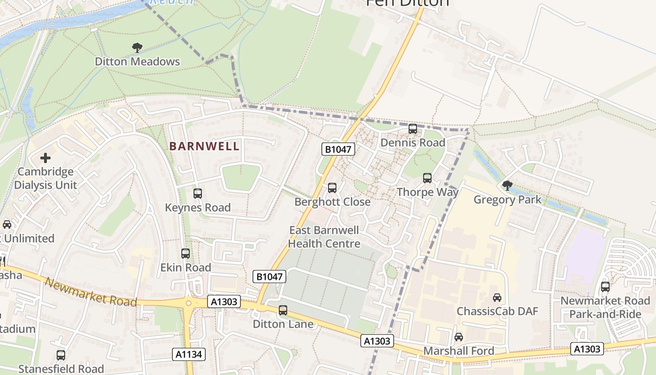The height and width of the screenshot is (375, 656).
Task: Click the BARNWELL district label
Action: point(204,146)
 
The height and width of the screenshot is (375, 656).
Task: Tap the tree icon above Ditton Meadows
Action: point(137,47)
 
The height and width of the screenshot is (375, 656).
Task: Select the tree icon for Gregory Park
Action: point(507,186)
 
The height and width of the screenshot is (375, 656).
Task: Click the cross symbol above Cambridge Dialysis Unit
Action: point(45,158)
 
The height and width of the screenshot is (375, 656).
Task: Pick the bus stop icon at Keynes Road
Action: point(198,194)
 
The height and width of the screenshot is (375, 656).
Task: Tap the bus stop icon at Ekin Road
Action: point(186,254)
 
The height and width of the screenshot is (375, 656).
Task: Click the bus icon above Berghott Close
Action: point(332,188)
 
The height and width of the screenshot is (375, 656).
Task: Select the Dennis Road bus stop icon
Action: point(413,129)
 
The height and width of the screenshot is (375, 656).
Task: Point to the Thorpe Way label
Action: point(427,192)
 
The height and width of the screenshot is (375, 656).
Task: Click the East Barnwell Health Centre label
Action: point(324,237)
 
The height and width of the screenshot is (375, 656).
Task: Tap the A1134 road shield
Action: point(189,354)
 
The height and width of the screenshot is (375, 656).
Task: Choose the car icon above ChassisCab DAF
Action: point(497,298)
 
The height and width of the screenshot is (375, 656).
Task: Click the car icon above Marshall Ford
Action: point(459,337)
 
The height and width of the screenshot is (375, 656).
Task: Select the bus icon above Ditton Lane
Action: point(283,310)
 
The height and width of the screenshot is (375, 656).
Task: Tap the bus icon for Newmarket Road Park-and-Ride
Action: point(605,287)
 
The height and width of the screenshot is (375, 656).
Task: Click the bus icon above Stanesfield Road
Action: point(61,355)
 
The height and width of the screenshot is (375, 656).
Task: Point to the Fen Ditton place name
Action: point(407,2)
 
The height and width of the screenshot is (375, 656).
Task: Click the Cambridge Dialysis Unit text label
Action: point(45,178)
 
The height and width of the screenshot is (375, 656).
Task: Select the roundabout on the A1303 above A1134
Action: point(189,303)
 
